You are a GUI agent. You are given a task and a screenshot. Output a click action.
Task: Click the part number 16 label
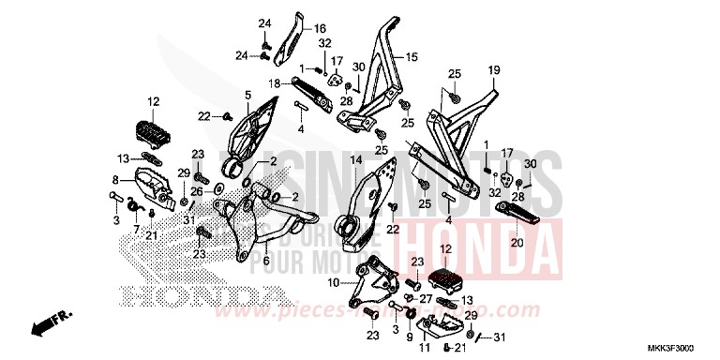pos(293,29)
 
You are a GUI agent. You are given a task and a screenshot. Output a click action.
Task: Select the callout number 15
pos(411,58)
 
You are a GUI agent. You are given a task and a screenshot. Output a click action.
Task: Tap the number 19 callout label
pos(494,69)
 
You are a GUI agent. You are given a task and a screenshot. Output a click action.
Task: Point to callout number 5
pos(248,95)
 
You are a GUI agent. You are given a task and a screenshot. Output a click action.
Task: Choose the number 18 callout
pos(277,83)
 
